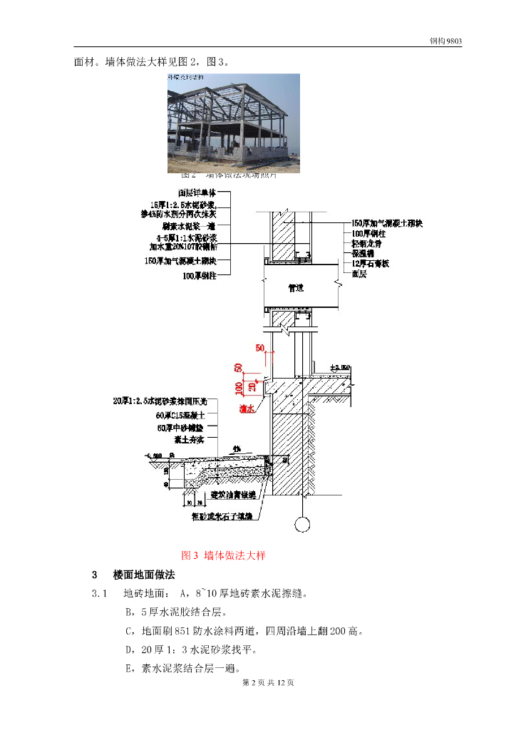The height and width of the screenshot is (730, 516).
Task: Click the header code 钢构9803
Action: click(445, 41)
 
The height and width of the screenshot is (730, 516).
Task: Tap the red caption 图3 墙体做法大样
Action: click(224, 555)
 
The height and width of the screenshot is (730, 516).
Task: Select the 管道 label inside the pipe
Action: click(295, 289)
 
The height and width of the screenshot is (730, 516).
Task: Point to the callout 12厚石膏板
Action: click(371, 263)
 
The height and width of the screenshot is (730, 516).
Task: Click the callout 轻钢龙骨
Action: click(367, 243)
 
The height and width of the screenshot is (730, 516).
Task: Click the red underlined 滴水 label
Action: click(247, 408)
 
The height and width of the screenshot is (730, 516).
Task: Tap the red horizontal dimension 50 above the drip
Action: click(260, 348)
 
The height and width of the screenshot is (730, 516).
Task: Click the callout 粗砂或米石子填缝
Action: click(222, 515)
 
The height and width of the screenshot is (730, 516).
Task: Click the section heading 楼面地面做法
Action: click(144, 575)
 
